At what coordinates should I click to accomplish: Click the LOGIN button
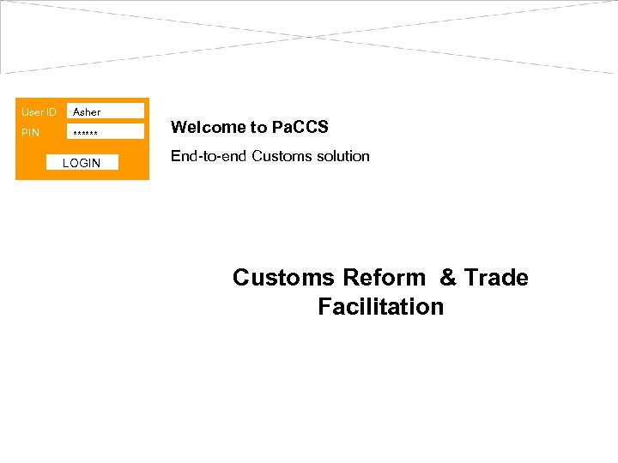82,163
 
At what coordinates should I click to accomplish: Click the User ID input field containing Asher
105,111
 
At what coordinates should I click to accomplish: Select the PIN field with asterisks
105,132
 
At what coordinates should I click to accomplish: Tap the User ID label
39,112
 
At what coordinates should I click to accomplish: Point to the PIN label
30,133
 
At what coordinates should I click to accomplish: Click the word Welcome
197,128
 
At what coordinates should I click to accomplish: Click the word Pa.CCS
300,128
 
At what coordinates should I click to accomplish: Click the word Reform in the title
384,278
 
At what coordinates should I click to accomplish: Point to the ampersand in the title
448,278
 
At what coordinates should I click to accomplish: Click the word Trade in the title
496,278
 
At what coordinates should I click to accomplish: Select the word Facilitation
380,307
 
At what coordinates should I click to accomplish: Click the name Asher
87,112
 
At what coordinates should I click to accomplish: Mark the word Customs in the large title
283,278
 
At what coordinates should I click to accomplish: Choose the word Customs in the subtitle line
281,156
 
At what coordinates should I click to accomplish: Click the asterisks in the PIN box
86,134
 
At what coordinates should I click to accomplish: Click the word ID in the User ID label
51,112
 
